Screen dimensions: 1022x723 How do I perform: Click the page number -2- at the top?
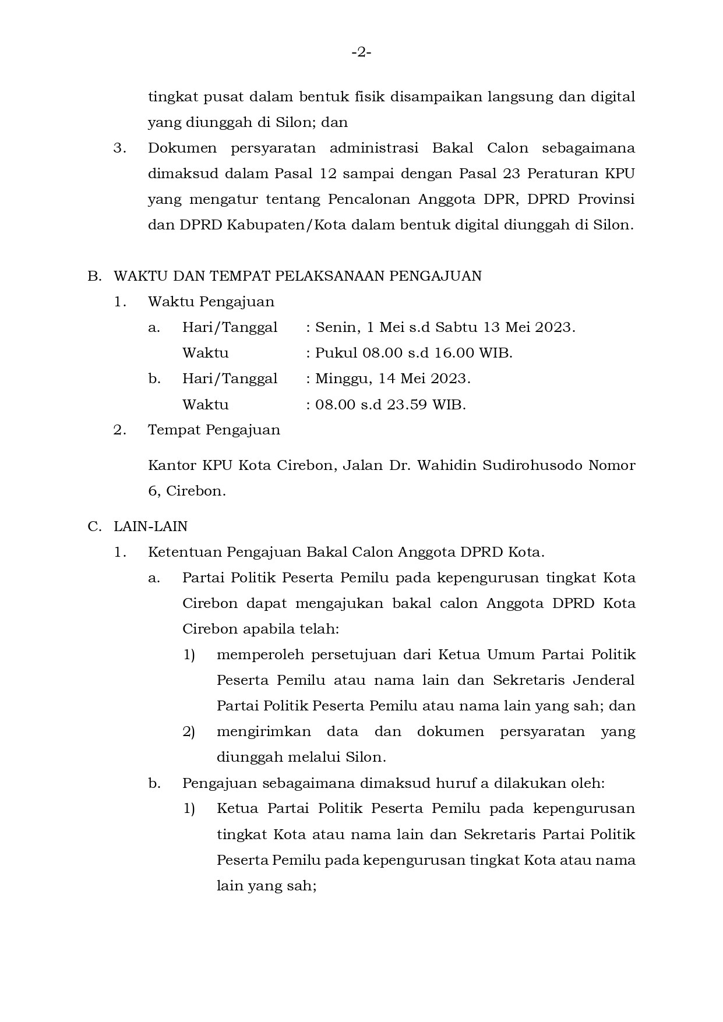[361, 53]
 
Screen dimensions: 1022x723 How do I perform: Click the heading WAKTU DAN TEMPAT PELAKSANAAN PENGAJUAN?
[297, 276]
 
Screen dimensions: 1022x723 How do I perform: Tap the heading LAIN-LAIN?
[150, 526]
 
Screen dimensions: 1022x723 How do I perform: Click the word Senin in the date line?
[336, 327]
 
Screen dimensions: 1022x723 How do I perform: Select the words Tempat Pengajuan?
[214, 430]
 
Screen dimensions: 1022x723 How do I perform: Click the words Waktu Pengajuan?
[211, 302]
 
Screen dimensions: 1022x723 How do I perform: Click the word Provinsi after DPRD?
[606, 199]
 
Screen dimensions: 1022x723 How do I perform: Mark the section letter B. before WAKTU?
[94, 276]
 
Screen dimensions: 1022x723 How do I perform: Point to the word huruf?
[455, 783]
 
